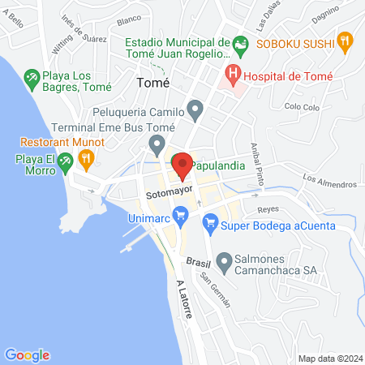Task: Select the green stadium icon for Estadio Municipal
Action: [239, 43]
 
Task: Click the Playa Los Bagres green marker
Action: [32, 78]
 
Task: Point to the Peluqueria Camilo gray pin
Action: [195, 108]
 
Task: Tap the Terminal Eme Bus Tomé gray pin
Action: [157, 146]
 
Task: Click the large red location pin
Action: [182, 166]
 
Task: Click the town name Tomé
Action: [153, 83]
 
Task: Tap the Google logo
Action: [27, 354]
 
